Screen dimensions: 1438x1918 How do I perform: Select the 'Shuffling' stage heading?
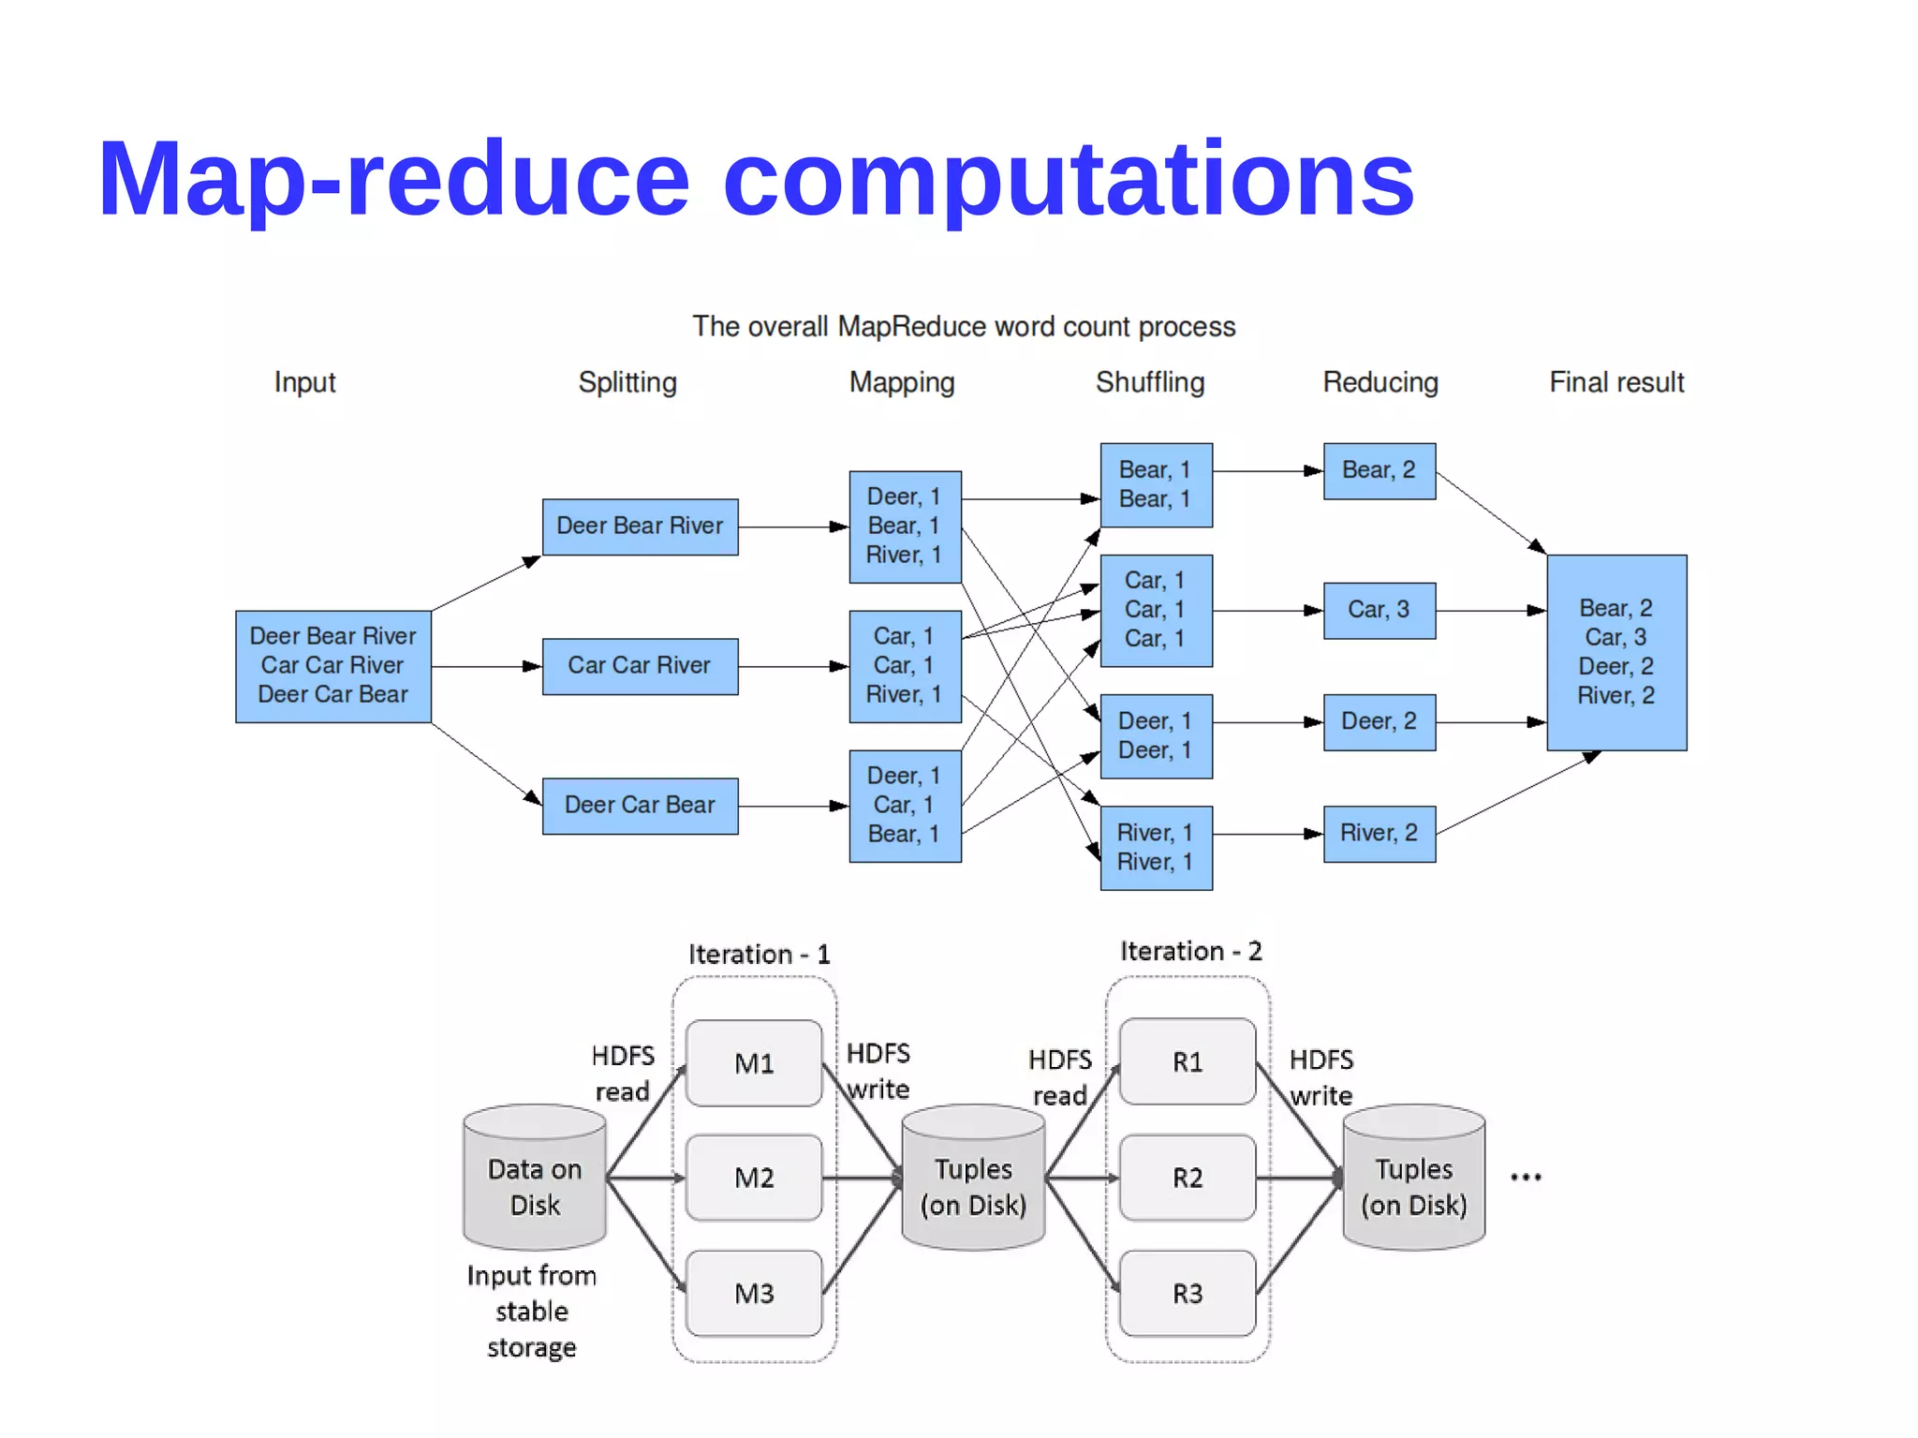click(x=1150, y=382)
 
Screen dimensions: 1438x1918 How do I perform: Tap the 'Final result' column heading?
click(x=1616, y=382)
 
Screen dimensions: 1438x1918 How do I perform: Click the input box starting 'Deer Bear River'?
click(x=332, y=666)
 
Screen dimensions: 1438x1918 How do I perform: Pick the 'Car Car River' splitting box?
click(x=640, y=666)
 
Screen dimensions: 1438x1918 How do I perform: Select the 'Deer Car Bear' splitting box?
click(x=640, y=806)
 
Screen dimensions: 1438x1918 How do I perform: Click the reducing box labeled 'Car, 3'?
click(x=1379, y=610)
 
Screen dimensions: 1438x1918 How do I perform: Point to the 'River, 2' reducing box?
click(x=1379, y=833)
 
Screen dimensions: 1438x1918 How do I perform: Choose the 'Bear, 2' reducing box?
click(x=1379, y=470)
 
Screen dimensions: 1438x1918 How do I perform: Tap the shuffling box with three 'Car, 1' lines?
click(x=1156, y=610)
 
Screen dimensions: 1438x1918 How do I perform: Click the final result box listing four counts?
click(x=1616, y=652)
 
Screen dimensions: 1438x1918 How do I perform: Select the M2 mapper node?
click(x=754, y=1178)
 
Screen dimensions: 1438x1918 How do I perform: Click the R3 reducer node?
click(x=1188, y=1294)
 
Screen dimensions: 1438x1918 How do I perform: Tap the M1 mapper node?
click(x=754, y=1063)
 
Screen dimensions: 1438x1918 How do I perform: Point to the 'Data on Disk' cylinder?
click(x=535, y=1180)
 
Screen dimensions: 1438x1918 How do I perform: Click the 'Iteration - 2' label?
click(x=1191, y=952)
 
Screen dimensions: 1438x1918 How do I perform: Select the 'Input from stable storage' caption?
click(x=532, y=1312)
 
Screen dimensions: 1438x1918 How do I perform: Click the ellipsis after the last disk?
click(x=1526, y=1178)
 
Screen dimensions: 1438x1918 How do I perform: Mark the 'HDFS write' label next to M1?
click(x=878, y=1072)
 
